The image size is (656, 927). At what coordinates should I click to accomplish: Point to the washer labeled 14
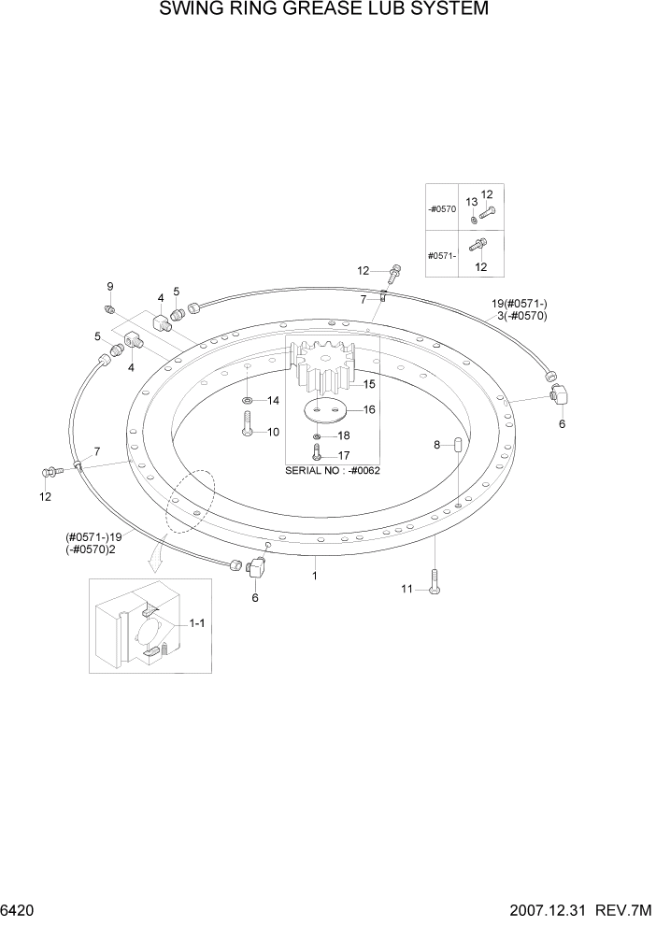click(x=246, y=401)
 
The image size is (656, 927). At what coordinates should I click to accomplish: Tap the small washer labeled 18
click(x=318, y=435)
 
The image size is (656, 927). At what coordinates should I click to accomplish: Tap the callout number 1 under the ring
click(x=315, y=576)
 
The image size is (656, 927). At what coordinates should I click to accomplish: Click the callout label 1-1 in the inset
click(x=198, y=622)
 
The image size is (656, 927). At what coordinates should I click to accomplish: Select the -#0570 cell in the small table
click(x=443, y=209)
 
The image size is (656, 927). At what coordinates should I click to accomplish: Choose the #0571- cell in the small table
click(x=442, y=255)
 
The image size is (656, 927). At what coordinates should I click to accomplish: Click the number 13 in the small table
click(x=472, y=202)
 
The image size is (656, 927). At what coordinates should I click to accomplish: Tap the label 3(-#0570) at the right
click(x=520, y=316)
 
